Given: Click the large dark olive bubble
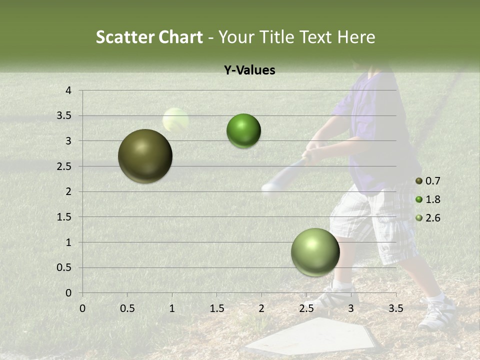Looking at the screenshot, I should point(145,156).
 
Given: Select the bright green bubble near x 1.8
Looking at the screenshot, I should point(243,131).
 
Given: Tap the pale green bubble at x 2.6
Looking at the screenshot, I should point(315,252).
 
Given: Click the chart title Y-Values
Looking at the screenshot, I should point(249,70).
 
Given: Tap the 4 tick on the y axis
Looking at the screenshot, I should point(69,90).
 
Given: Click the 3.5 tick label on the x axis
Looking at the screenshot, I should point(395,308).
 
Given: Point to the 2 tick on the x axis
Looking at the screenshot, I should point(261,308).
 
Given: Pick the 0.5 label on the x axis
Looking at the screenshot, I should point(127,308).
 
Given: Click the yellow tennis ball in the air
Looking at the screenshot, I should point(175,120).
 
